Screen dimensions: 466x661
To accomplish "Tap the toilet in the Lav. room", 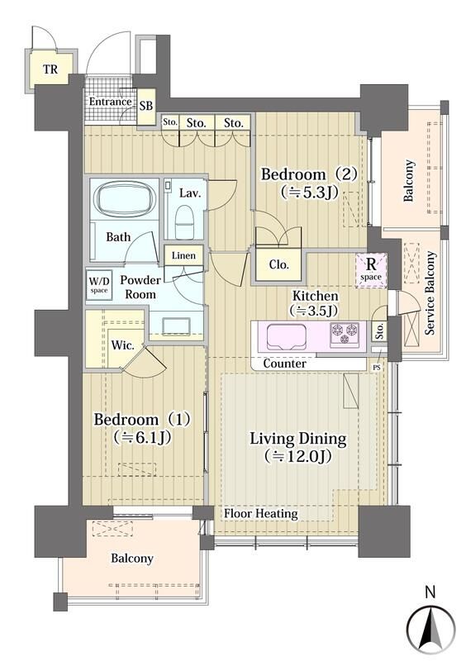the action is (x=184, y=221).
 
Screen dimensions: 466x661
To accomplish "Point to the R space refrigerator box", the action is (x=371, y=270).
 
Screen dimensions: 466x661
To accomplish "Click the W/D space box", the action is (x=99, y=285).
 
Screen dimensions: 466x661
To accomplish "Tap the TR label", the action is (x=50, y=69).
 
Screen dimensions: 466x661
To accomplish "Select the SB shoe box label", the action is (x=146, y=106).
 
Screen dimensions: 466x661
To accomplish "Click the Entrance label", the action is (x=110, y=102).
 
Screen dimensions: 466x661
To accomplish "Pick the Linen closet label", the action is (x=183, y=255).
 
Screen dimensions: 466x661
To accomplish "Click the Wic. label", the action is (x=123, y=345).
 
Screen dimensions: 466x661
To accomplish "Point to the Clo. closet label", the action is (x=279, y=264).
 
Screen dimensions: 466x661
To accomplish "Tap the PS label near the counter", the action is (x=377, y=368).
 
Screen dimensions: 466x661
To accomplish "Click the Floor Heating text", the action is (x=260, y=513).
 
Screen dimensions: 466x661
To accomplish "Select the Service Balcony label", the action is (x=430, y=293).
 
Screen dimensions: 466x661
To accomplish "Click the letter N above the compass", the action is (x=430, y=592).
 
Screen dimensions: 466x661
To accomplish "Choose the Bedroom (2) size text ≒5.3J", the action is (x=310, y=193).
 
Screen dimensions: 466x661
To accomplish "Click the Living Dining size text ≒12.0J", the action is (x=297, y=456).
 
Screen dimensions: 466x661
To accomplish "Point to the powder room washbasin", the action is (x=175, y=326).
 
